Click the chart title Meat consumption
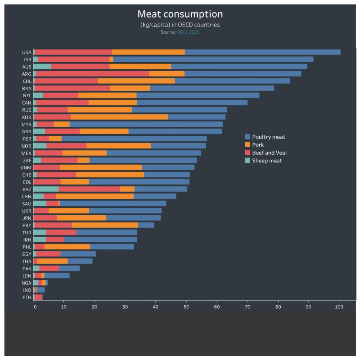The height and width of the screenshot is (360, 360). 180,14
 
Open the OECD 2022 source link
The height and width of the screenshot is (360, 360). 188,32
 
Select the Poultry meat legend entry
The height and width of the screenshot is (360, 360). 268,137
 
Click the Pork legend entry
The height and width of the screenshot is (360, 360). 258,145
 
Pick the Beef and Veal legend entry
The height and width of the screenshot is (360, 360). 269,153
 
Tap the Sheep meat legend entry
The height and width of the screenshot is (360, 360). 267,161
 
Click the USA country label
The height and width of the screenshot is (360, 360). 27,52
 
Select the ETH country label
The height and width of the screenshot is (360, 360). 27,297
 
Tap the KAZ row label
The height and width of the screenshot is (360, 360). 27,189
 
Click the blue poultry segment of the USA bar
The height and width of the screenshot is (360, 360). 262,52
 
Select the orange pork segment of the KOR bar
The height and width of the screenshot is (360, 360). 119,117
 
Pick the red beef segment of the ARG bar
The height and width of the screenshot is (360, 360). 92,74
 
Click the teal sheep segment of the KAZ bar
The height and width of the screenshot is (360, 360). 46,189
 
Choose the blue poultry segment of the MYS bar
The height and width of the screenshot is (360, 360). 146,124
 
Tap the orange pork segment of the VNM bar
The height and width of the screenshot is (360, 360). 101,167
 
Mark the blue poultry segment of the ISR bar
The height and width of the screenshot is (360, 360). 213,59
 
